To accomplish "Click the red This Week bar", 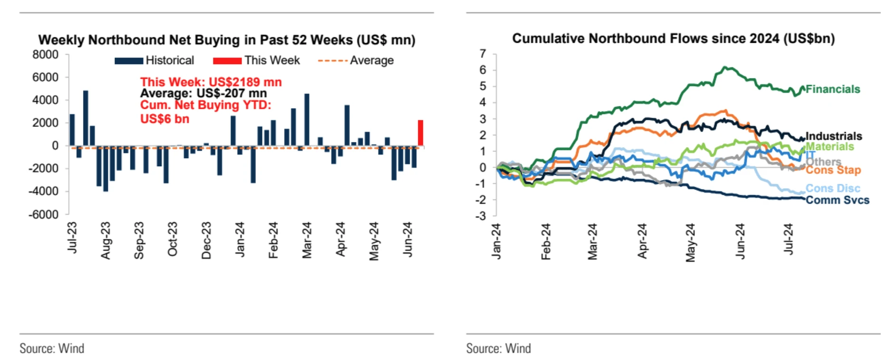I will click(420, 133).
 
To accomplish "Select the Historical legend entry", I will click(155, 60).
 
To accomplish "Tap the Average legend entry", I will click(356, 60).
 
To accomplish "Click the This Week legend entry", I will click(257, 60).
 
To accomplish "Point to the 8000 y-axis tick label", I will click(46, 55).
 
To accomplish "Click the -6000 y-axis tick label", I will click(44, 214).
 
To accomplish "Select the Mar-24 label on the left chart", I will click(307, 240).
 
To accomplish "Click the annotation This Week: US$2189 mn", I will click(211, 82).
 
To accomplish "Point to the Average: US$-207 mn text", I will click(203, 93).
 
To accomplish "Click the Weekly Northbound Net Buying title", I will click(226, 40).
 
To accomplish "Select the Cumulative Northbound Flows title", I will click(673, 38).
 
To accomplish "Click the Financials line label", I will click(833, 89).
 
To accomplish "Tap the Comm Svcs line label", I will click(837, 200).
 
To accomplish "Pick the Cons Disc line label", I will click(833, 188).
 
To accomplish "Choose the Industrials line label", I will click(834, 136).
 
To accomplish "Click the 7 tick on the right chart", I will click(483, 54).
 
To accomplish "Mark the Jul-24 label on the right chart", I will click(788, 239).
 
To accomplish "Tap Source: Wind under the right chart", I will click(498, 348).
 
